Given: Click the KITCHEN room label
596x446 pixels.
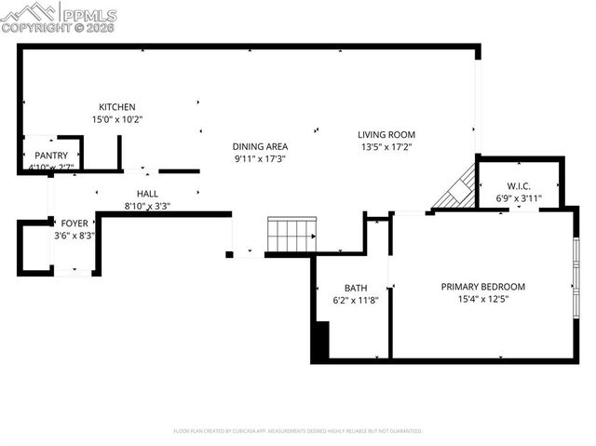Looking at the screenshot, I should (x=117, y=107).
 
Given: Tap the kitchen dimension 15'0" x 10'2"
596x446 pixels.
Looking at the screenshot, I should (x=117, y=119).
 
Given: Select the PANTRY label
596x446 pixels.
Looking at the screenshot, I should (x=51, y=155).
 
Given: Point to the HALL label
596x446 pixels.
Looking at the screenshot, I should (x=147, y=193).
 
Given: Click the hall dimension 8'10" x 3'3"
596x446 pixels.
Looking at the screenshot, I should (x=147, y=206).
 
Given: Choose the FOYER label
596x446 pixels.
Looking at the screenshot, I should (x=74, y=223).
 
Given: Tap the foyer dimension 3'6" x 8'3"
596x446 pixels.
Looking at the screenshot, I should (x=74, y=237).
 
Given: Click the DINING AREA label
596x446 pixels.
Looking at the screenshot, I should (x=260, y=146).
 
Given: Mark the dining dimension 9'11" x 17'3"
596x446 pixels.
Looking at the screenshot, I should (x=260, y=159).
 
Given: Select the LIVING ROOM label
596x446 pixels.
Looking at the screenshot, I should (x=387, y=134).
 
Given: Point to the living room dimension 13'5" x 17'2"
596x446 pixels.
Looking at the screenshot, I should (x=387, y=147).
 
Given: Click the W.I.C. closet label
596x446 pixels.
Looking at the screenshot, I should (x=519, y=185).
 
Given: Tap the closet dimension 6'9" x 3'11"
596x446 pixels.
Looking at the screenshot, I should (x=519, y=197).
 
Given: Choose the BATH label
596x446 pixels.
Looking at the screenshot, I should (x=356, y=288).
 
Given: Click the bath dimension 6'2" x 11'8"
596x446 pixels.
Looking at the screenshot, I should (x=356, y=301).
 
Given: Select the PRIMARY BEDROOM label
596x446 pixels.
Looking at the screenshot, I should (x=483, y=287).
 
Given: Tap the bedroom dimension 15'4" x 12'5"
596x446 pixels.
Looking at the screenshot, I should (x=483, y=300).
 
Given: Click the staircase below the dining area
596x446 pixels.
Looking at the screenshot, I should (x=291, y=235).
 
